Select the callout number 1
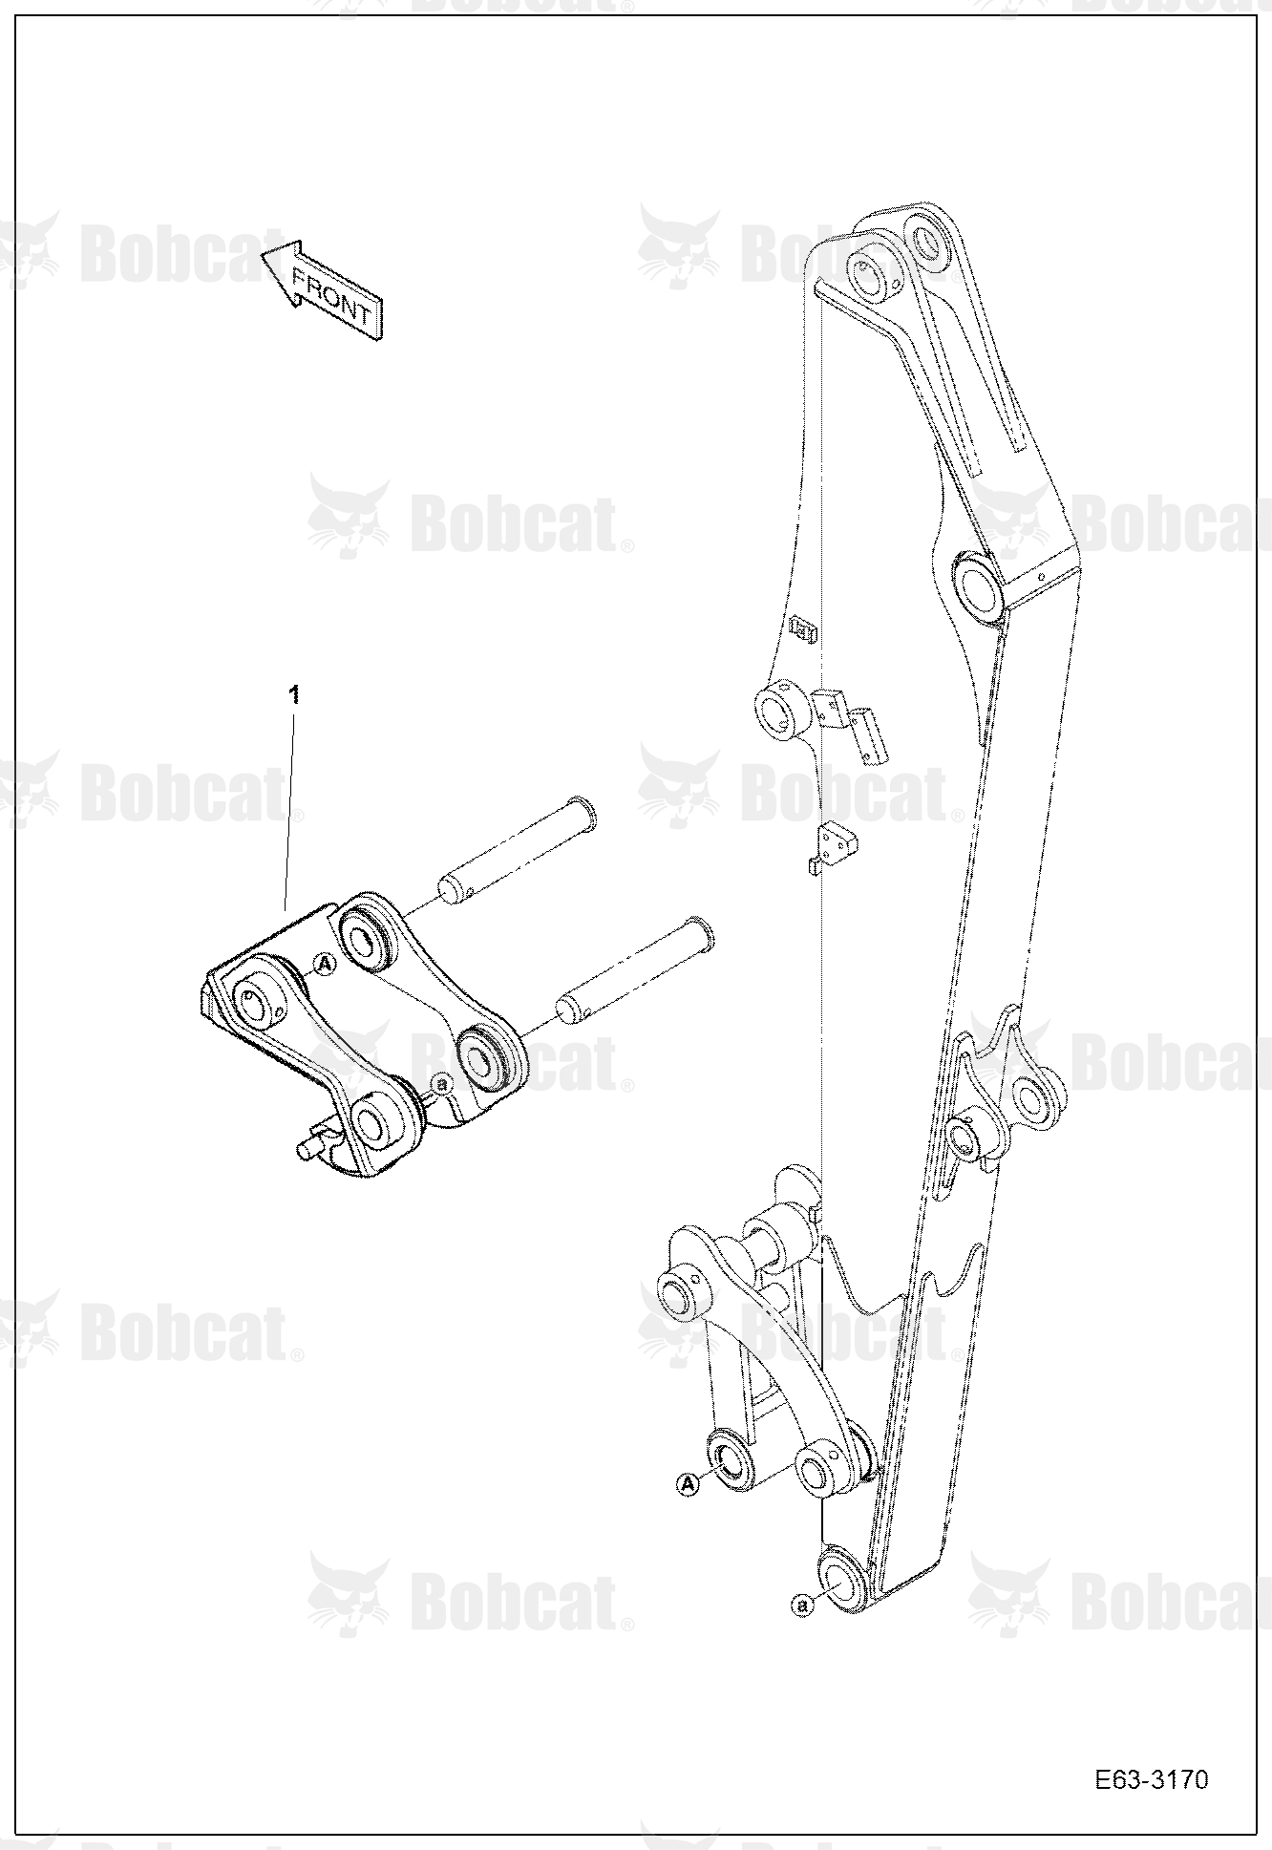coord(295,694)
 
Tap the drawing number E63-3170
coord(1152,1780)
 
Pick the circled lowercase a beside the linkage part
coord(441,1083)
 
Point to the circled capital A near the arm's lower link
coord(687,1483)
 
